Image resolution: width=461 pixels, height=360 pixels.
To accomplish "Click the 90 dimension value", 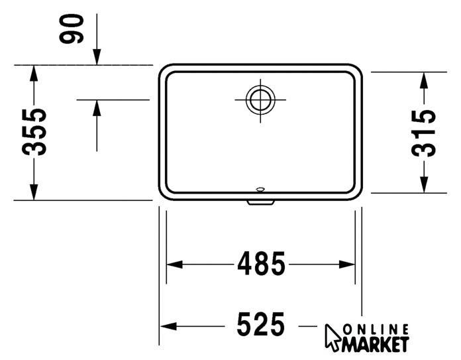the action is point(72,29).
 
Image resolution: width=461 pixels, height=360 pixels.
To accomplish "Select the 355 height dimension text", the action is point(34,132).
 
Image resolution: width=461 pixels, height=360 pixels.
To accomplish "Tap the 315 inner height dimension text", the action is point(423,133).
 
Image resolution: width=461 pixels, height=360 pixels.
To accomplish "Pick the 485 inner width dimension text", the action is point(261,264).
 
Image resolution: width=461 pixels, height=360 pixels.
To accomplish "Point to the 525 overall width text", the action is point(261,324).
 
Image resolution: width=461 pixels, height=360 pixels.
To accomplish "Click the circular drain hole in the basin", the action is point(260,100).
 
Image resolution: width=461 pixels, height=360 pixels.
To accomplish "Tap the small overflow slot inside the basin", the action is point(260,189).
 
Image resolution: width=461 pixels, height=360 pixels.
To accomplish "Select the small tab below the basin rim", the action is point(261,202).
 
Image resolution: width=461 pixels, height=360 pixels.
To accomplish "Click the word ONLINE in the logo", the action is point(376,330).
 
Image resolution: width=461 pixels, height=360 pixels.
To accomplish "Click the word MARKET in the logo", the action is point(375,344).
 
